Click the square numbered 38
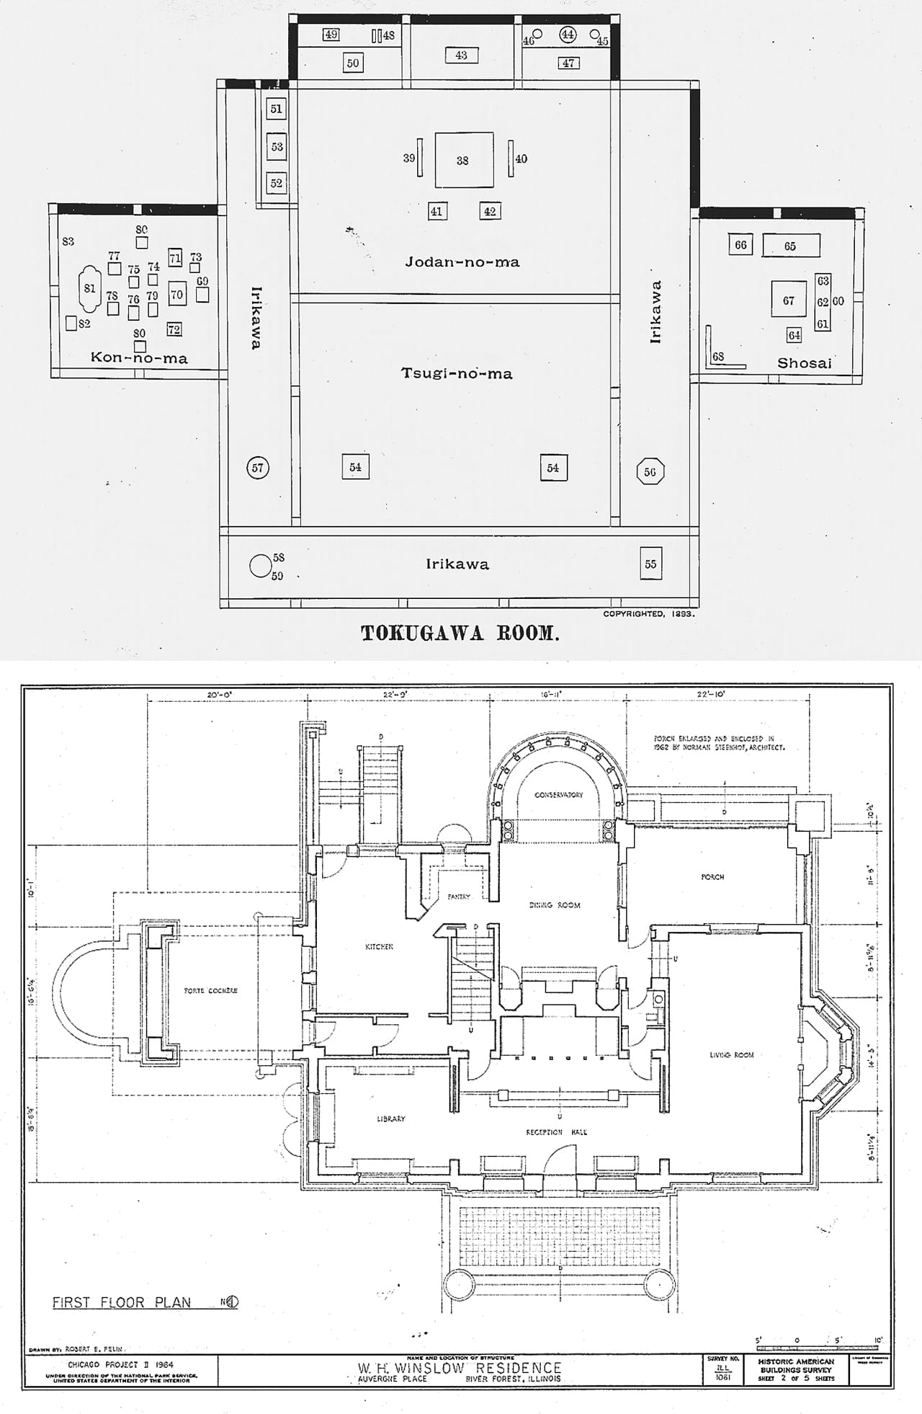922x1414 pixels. click(463, 160)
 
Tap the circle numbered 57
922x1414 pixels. click(257, 468)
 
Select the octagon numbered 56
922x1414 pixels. click(650, 472)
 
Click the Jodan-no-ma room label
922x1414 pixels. click(462, 262)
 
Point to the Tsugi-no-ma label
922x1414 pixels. click(457, 373)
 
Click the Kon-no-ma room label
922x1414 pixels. click(139, 357)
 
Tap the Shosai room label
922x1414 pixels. click(804, 363)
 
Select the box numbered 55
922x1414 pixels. click(650, 564)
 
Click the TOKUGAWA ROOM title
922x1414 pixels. click(460, 633)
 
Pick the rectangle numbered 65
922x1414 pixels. click(791, 246)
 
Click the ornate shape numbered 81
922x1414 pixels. click(89, 288)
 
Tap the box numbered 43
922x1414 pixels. click(461, 55)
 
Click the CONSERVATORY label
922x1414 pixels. click(558, 794)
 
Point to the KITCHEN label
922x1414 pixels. click(379, 946)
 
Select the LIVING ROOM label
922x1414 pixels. click(731, 1054)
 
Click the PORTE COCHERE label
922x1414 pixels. click(210, 990)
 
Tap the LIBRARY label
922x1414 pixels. click(390, 1119)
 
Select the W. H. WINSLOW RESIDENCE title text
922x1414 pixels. click(460, 1367)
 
